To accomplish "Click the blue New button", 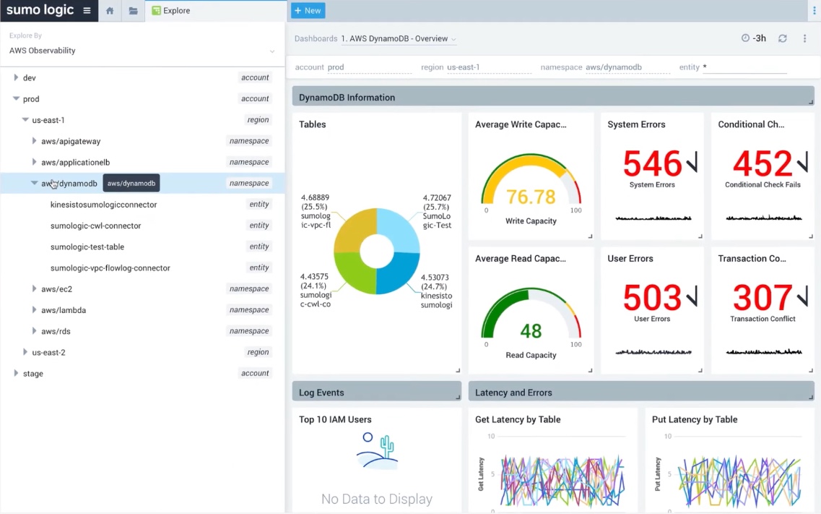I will [308, 11].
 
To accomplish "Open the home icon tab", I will [109, 11].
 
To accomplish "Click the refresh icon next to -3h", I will [782, 38].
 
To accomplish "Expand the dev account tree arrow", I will [16, 77].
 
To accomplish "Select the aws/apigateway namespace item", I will [71, 141].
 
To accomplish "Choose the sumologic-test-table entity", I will [87, 247].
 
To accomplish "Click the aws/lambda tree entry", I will [64, 310].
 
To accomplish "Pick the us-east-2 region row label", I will [48, 352].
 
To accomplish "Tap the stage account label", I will [33, 373].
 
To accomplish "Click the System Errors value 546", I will [652, 164].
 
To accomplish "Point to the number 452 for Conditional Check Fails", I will [763, 164].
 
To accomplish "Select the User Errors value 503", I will [652, 298].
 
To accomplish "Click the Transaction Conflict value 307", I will [763, 298].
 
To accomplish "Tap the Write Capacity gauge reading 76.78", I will [531, 197].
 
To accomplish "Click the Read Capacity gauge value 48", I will [531, 331].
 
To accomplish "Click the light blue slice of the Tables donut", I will [399, 228].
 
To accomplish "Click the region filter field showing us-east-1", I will [488, 67].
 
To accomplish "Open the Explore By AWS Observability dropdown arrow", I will [272, 51].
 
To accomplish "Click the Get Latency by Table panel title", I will [518, 419].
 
